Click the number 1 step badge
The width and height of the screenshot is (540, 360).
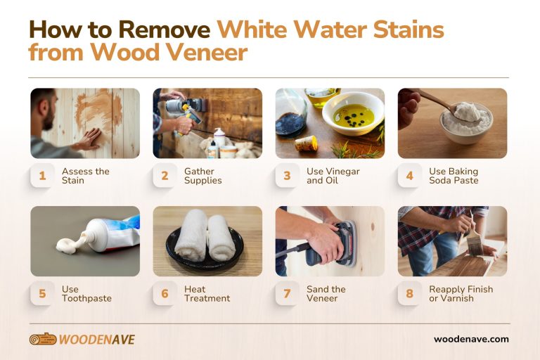coord(42,176)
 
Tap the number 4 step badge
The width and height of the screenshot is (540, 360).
coord(409,176)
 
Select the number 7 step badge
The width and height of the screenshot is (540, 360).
coord(287,293)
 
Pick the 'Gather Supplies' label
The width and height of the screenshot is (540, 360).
coord(202,176)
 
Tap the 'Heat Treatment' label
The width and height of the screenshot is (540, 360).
coord(207,293)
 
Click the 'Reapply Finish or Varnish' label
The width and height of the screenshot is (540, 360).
coord(461,293)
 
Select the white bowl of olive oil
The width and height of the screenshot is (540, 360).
coord(353,113)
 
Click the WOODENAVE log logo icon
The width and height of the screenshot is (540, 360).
coord(42,340)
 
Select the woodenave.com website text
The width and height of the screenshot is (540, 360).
coord(470,339)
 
